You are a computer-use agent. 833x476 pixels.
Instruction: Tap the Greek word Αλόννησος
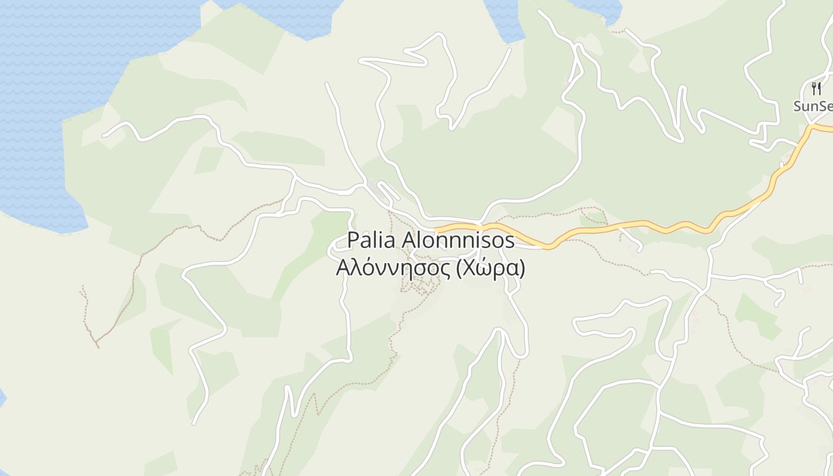tap(393, 268)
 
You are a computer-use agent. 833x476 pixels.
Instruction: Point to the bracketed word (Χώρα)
tap(490, 268)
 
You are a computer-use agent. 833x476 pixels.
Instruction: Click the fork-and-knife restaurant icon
tap(816, 89)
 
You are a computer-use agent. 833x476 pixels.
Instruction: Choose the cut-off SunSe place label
tap(813, 107)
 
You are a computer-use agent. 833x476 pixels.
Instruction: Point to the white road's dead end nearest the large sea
tap(104, 135)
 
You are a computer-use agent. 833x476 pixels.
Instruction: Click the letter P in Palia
tap(353, 240)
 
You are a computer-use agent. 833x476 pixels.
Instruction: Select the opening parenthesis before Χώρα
tap(458, 269)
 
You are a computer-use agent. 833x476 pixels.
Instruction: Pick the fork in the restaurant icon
tap(813, 89)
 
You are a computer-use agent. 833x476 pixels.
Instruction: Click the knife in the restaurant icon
tap(819, 89)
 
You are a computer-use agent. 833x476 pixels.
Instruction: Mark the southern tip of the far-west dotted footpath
tap(98, 347)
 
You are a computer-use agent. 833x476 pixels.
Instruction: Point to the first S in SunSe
tap(798, 107)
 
